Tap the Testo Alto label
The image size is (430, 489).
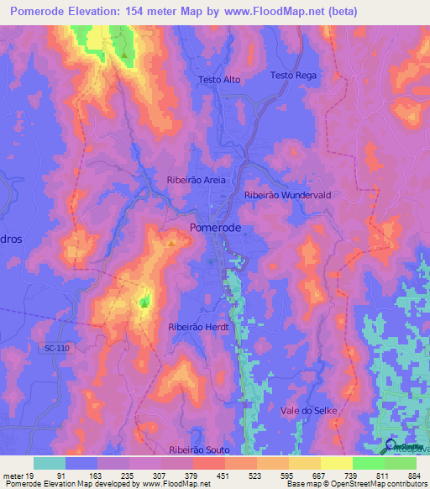220,80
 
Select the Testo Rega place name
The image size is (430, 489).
293,76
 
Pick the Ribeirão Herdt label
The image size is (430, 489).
198,327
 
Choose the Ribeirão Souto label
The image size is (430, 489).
199,451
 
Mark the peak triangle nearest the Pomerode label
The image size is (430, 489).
171,244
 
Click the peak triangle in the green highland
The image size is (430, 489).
124,55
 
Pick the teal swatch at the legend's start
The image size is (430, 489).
50,463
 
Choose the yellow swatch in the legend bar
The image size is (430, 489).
336,463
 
